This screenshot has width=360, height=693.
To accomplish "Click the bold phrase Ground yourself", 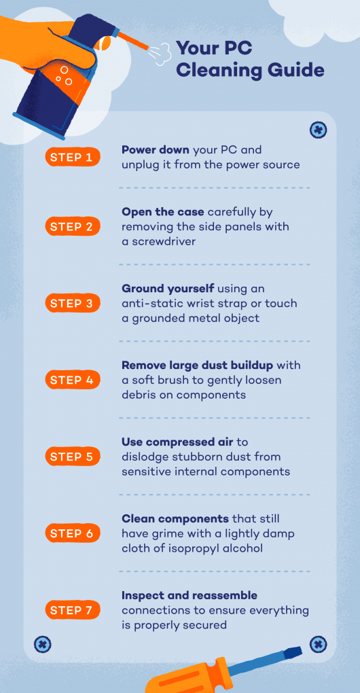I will (168, 289).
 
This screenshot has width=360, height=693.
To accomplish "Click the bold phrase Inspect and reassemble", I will (190, 596).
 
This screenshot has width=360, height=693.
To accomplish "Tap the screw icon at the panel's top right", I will (318, 130).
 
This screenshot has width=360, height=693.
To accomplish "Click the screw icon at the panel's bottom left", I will (43, 643).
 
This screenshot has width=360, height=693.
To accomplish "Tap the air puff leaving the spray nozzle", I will (158, 54).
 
